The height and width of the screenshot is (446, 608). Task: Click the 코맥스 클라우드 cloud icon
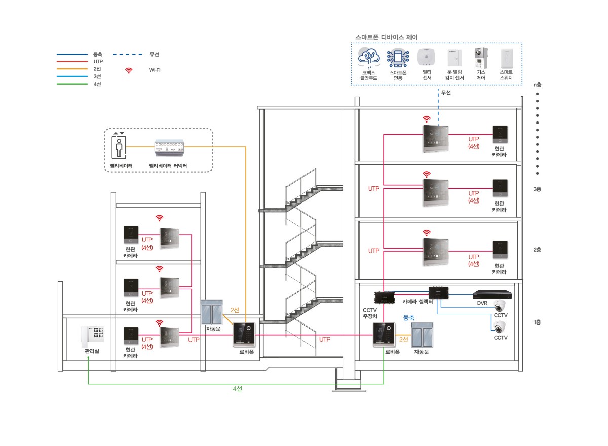pos(369,58)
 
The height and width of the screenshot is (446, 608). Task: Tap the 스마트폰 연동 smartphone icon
pos(398,58)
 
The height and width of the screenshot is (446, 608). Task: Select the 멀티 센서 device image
pos(427,58)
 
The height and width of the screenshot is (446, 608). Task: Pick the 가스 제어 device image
pos(480,58)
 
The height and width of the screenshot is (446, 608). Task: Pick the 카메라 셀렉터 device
pos(439,292)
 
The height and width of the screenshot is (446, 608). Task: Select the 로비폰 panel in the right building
pos(384,335)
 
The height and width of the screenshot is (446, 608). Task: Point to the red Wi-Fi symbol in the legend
pos(129,70)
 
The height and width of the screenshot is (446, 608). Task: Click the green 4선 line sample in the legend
pos(72,84)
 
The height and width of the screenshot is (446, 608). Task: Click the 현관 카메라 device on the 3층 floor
pos(500,188)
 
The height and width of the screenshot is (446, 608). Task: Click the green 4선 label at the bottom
pos(238,389)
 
